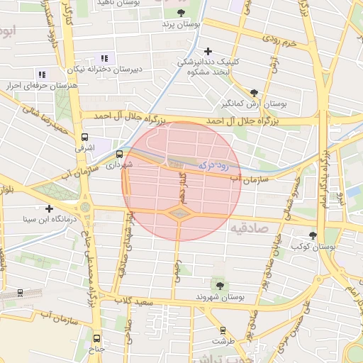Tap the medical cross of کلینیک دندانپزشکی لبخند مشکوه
pyautogui.click(x=208, y=51)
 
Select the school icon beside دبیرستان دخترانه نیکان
pyautogui.click(x=104, y=58)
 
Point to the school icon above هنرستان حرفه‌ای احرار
pyautogui.click(x=41, y=74)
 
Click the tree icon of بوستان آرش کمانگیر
pyautogui.click(x=255, y=92)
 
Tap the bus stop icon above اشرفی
pyautogui.click(x=85, y=137)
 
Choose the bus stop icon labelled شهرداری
pyautogui.click(x=118, y=153)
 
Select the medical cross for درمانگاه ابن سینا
pyautogui.click(x=49, y=208)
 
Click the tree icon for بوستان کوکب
pyautogui.click(x=313, y=235)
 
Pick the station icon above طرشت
pyautogui.click(x=223, y=330)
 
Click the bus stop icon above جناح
pyautogui.click(x=97, y=338)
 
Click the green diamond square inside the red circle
pyautogui.click(x=179, y=212)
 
